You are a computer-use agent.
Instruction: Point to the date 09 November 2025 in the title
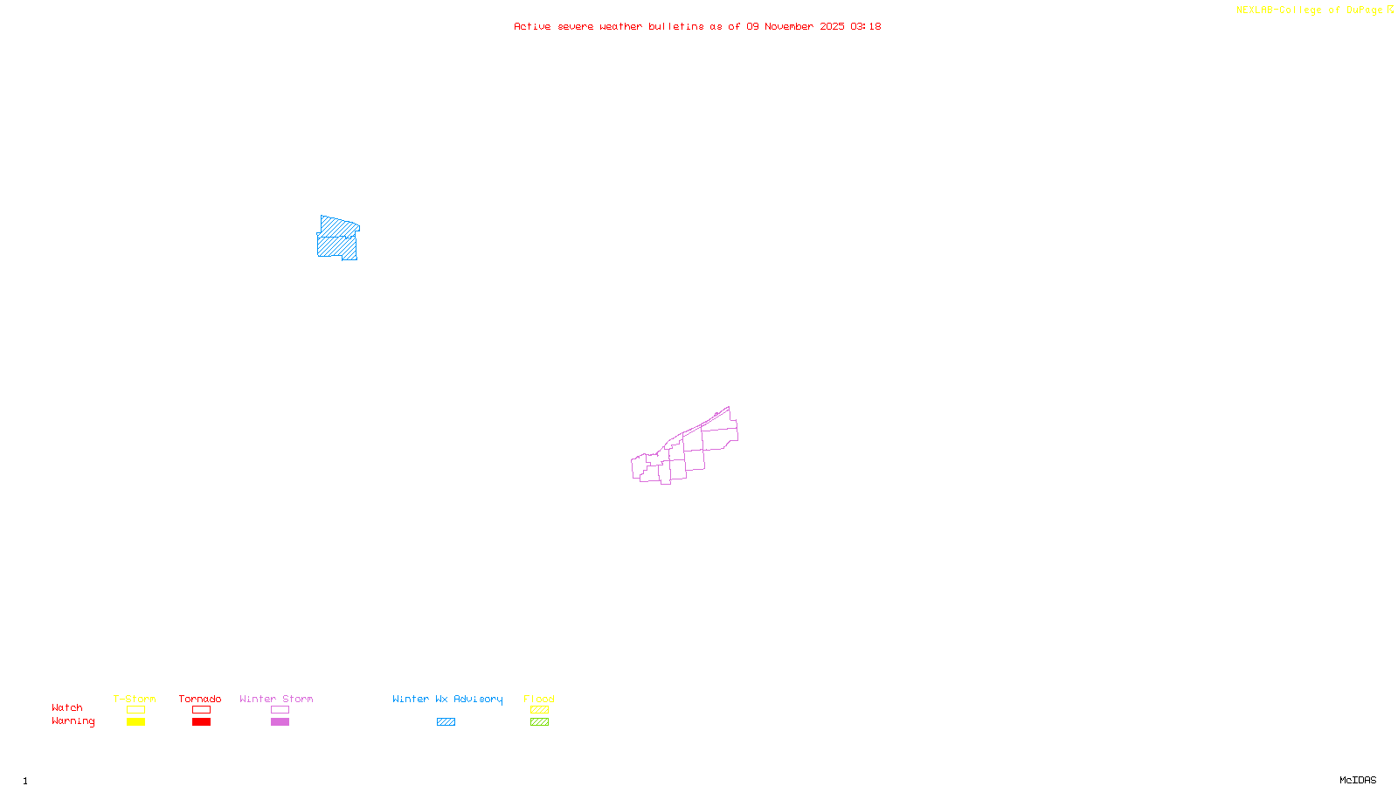[795, 26]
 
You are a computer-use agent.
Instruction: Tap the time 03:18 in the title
[866, 26]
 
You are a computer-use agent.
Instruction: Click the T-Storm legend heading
[135, 699]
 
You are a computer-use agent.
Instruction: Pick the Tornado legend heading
[200, 699]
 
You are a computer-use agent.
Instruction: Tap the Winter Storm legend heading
[276, 699]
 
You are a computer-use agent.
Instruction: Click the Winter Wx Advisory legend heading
[447, 699]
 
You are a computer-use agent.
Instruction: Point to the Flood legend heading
[539, 699]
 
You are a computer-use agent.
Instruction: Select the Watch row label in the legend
[67, 707]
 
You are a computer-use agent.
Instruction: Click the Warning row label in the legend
[73, 721]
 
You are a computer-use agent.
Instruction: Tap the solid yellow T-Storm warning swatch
[135, 722]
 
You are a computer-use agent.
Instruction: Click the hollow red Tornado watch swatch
[201, 710]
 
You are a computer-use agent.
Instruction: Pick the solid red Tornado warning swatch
[201, 722]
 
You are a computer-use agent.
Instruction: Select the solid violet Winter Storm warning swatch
[280, 722]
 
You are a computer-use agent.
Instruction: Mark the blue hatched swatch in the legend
[446, 722]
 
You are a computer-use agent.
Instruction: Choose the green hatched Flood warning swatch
[539, 722]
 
